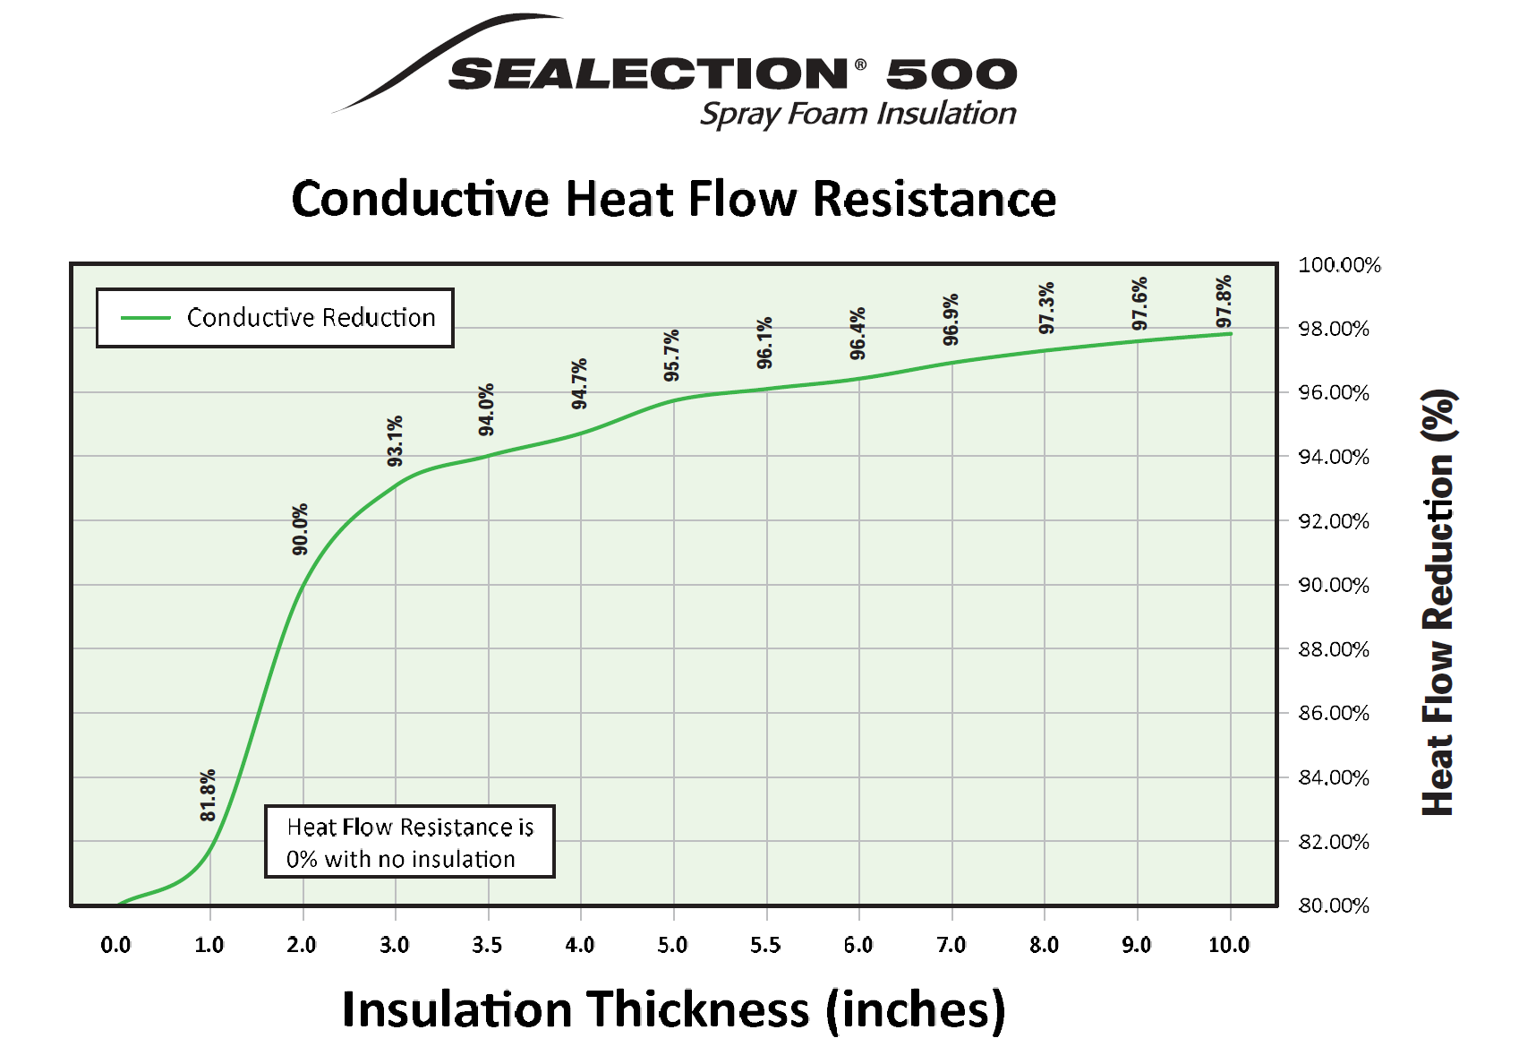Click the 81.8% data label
[208, 795]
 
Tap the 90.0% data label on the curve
[300, 529]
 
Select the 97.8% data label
[1224, 302]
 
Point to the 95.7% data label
[671, 356]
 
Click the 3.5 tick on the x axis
[487, 945]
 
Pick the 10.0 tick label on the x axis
[1228, 945]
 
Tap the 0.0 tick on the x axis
[115, 945]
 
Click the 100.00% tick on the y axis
[1339, 265]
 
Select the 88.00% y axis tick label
[1334, 649]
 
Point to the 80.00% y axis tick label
[1334, 905]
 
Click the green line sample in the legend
[145, 318]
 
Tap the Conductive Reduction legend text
[311, 318]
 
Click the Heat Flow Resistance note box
[409, 842]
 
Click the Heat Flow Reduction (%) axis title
[1438, 602]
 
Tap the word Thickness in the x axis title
[698, 1009]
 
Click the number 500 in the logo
[951, 74]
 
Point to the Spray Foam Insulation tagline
[858, 115]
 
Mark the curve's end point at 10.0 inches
[1231, 334]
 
